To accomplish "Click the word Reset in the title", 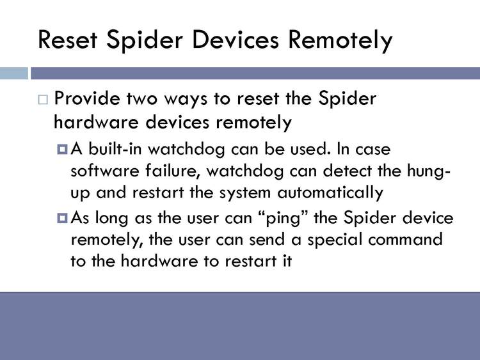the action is tap(68, 40).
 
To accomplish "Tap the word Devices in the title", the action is tap(236, 40).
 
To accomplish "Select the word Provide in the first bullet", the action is tap(87, 99).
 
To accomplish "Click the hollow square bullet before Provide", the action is tap(43, 100).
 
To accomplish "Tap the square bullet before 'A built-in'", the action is tap(62, 149).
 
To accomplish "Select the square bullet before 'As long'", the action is tap(62, 218).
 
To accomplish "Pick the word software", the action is tap(105, 171).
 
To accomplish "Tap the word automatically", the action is tap(330, 193).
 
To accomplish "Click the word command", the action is tap(405, 239).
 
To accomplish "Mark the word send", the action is tap(267, 239).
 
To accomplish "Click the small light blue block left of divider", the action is tap(14, 74).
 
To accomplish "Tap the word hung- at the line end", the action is tap(429, 171).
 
